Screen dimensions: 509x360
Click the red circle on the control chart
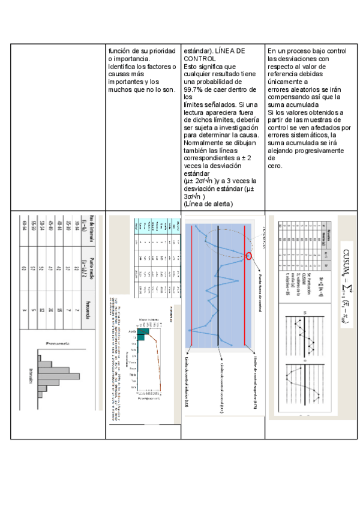249,257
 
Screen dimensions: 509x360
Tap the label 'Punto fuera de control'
260,298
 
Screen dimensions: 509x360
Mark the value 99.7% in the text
193,89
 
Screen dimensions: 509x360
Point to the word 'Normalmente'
206,143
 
